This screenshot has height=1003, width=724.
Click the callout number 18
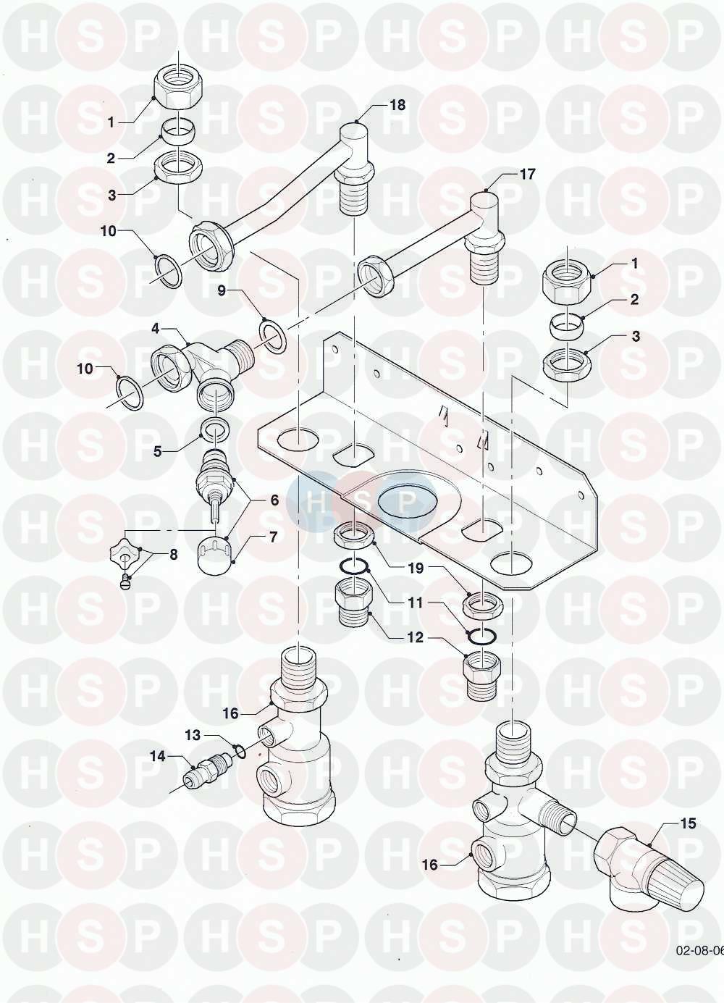(397, 105)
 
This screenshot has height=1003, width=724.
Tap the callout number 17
(527, 175)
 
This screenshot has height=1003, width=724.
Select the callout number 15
(689, 823)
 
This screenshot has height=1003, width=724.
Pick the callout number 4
(156, 329)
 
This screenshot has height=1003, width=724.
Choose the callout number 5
(158, 451)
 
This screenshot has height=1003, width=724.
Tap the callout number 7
(273, 536)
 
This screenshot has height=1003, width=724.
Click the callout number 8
(173, 555)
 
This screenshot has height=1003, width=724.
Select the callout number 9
(222, 290)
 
